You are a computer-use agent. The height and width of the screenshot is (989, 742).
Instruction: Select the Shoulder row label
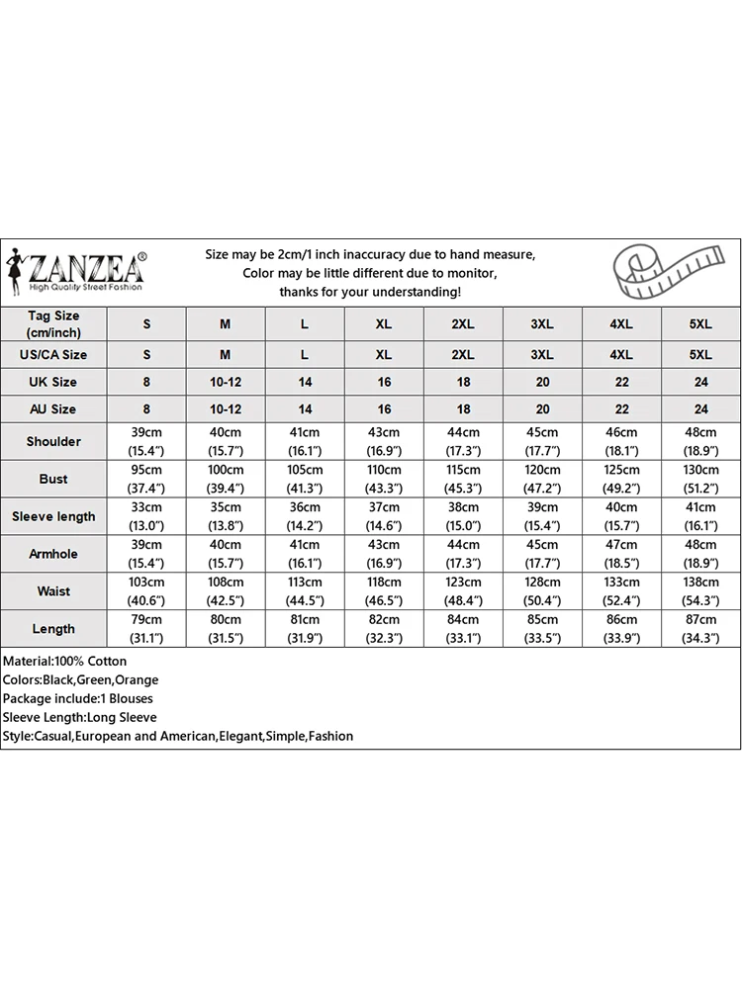pyautogui.click(x=53, y=441)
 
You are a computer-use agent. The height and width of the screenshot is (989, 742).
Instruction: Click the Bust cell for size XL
pyautogui.click(x=384, y=479)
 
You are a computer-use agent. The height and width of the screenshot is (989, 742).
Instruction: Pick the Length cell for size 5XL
pyautogui.click(x=700, y=629)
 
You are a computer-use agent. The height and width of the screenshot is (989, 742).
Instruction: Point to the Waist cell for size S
pyautogui.click(x=146, y=591)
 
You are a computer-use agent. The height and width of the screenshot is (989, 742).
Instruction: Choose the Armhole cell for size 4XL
pyautogui.click(x=621, y=554)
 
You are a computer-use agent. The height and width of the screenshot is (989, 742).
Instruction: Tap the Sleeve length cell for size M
pyautogui.click(x=226, y=516)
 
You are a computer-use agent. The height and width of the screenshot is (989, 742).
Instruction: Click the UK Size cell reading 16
pyautogui.click(x=384, y=382)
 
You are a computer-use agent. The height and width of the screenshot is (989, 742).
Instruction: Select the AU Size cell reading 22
pyautogui.click(x=621, y=408)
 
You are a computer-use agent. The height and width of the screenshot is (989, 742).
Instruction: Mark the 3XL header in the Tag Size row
pyautogui.click(x=542, y=324)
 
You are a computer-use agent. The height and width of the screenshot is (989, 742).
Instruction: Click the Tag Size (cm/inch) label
pyautogui.click(x=53, y=324)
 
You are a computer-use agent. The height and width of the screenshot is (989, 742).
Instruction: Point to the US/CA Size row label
pyautogui.click(x=53, y=354)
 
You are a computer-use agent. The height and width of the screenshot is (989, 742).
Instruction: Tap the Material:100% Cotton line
pyautogui.click(x=64, y=661)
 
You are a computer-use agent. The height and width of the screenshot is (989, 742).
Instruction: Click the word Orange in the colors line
pyautogui.click(x=138, y=679)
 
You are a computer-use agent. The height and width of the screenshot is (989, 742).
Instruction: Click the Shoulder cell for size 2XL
pyautogui.click(x=463, y=441)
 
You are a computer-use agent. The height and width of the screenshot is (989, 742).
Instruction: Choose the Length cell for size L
pyautogui.click(x=305, y=629)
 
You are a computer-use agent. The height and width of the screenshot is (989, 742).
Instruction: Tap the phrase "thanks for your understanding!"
pyautogui.click(x=370, y=292)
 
